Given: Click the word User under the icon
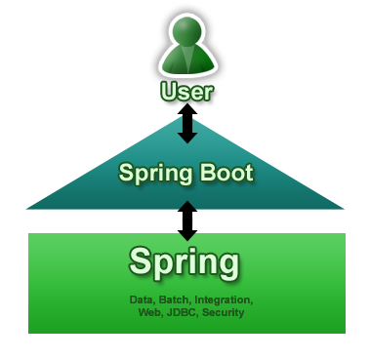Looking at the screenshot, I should pyautogui.click(x=187, y=94).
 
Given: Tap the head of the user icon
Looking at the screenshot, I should pyautogui.click(x=186, y=35).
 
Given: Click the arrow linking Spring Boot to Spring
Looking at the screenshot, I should pyautogui.click(x=187, y=220).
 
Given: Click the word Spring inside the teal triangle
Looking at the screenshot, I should pyautogui.click(x=153, y=175).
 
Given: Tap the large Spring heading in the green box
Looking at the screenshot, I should pyautogui.click(x=184, y=262).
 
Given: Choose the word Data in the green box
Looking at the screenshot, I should pyautogui.click(x=142, y=300).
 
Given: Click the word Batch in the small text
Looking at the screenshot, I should pyautogui.click(x=173, y=300).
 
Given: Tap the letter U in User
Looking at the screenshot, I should pyautogui.click(x=170, y=94).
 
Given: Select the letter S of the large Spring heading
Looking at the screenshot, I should pyautogui.click(x=141, y=261).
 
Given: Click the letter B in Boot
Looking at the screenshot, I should pyautogui.click(x=200, y=174).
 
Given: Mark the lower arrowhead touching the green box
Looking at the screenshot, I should pyautogui.click(x=187, y=235).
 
